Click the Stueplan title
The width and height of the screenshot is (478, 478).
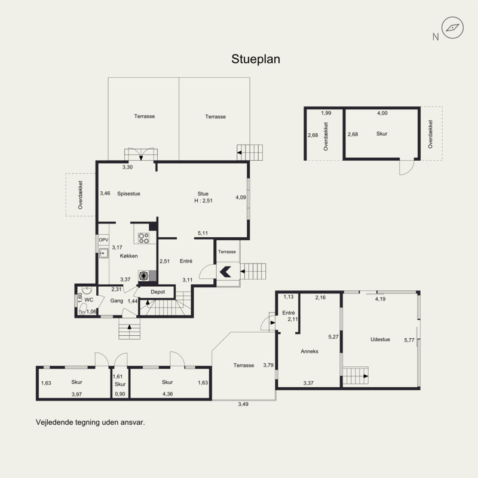pyautogui.click(x=256, y=59)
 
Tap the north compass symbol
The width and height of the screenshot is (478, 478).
pyautogui.click(x=453, y=27)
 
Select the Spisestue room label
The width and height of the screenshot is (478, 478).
pyautogui.click(x=128, y=194)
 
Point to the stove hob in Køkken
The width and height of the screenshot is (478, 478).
pyautogui.click(x=143, y=238)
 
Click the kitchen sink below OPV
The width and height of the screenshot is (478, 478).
pyautogui.click(x=103, y=253)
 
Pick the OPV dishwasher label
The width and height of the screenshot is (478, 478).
pyautogui.click(x=103, y=240)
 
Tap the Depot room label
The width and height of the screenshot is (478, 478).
pyautogui.click(x=158, y=292)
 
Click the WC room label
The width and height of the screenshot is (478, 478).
pyautogui.click(x=88, y=300)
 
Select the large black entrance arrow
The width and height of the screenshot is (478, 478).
pyautogui.click(x=225, y=272)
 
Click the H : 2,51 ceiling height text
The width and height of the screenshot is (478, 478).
pyautogui.click(x=203, y=201)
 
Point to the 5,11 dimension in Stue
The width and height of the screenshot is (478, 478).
pyautogui.click(x=203, y=233)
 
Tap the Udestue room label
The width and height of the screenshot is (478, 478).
pyautogui.click(x=380, y=339)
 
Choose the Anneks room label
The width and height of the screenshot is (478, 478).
pyautogui.click(x=310, y=351)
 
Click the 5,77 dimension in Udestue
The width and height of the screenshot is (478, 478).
pyautogui.click(x=409, y=340)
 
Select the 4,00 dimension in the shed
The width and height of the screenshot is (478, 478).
pyautogui.click(x=382, y=113)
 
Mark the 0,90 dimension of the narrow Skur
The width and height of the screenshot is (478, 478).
pyautogui.click(x=120, y=394)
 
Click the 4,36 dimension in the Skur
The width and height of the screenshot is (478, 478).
pyautogui.click(x=168, y=394)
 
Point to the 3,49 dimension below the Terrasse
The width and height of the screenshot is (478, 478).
pyautogui.click(x=243, y=405)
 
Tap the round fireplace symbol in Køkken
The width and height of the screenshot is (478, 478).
pyautogui.click(x=143, y=276)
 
